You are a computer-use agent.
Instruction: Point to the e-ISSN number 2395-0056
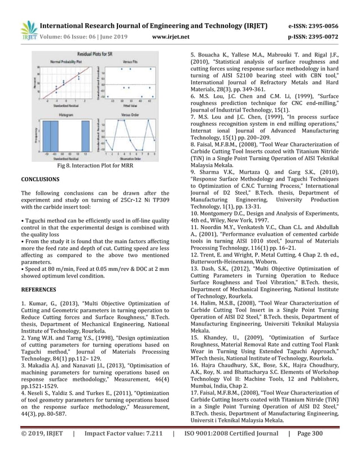tap(319, 26)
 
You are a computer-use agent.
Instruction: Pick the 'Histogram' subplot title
tap(67, 113)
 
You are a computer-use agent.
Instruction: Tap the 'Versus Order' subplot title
tap(130, 113)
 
